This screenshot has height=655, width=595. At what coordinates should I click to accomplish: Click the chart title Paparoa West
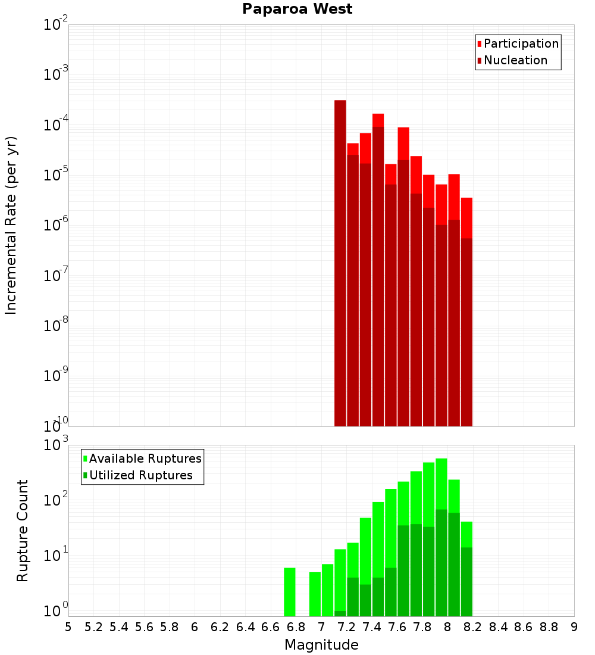297,9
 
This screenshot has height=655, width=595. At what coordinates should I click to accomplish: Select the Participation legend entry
521,43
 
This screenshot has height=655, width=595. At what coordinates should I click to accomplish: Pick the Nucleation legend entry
515,60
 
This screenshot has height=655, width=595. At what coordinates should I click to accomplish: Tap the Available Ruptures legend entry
145,458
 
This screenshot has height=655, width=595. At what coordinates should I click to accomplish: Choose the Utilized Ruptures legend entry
140,475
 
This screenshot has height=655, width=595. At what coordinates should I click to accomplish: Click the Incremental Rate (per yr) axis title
11,225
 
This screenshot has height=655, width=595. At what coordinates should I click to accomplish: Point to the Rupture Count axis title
23,530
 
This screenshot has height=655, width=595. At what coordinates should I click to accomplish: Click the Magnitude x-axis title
321,645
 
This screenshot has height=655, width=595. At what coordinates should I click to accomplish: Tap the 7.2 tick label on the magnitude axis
346,627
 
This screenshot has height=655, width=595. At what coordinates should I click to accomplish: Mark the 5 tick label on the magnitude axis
68,627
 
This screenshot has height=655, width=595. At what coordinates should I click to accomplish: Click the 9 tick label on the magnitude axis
574,627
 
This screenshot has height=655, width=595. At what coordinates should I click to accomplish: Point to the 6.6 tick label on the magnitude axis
271,627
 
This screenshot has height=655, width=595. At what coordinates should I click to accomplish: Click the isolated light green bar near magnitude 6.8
290,592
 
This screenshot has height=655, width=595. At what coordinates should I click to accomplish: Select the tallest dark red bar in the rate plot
340,262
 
